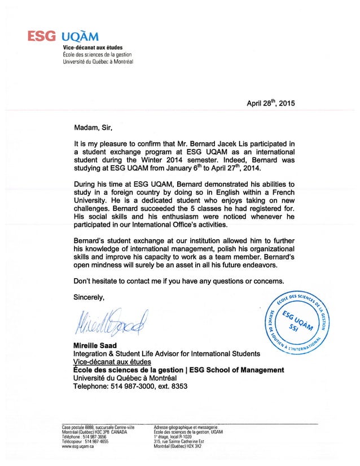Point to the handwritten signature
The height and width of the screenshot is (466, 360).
tap(107, 322)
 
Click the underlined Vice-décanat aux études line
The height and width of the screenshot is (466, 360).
tap(113, 362)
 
